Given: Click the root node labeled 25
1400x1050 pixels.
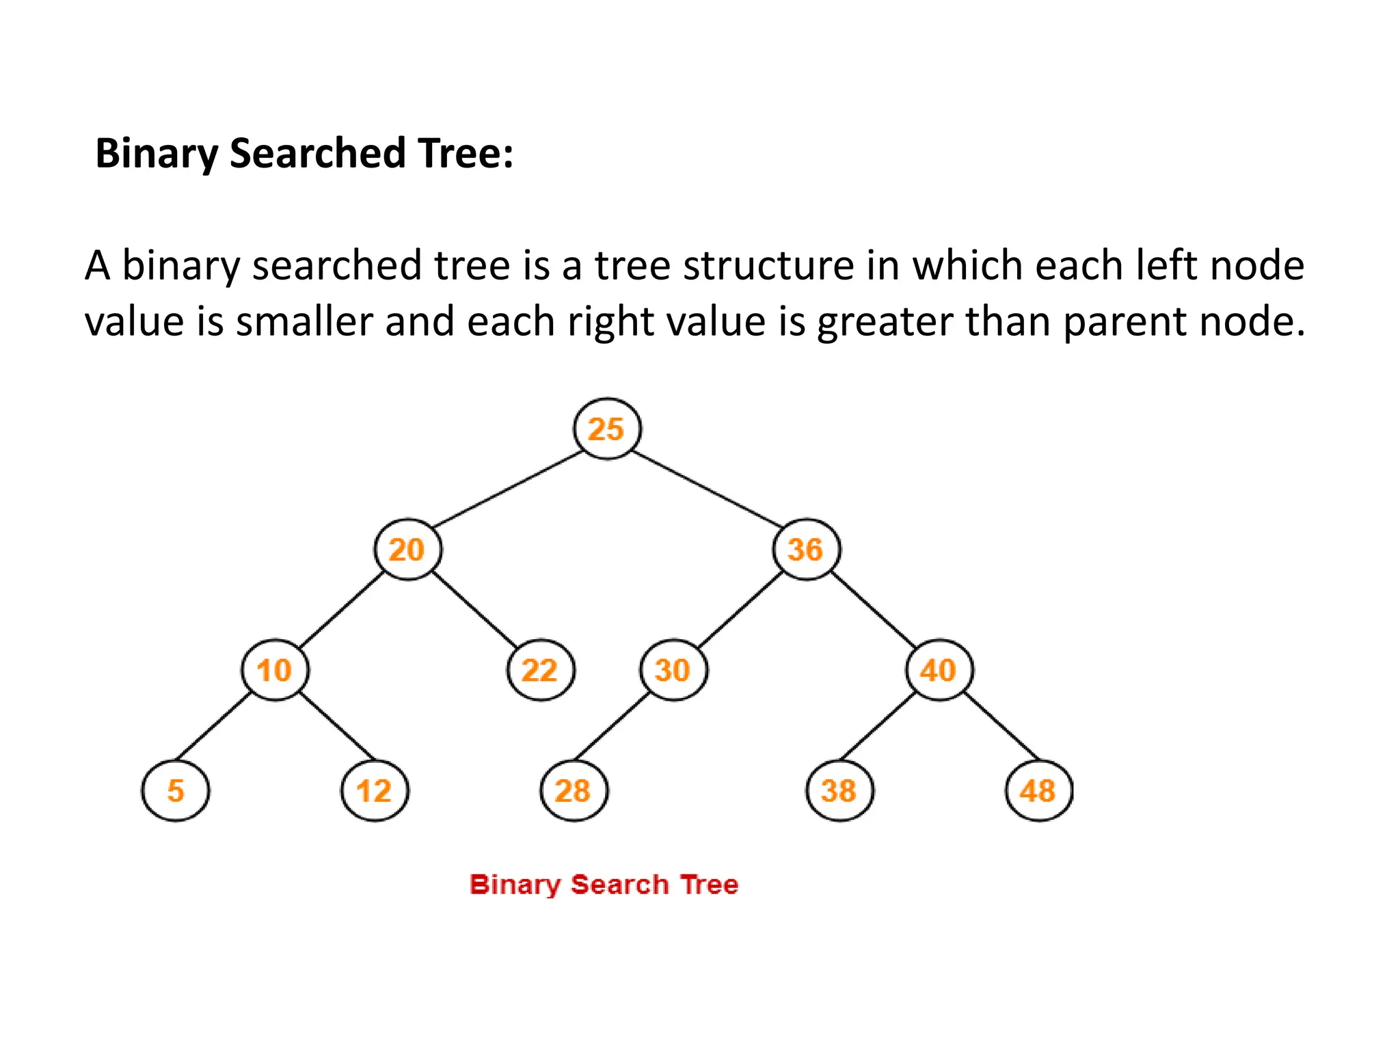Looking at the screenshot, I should pos(607,429).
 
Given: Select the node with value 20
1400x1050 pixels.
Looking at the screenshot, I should pos(408,550).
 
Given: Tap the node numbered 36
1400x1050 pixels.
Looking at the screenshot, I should pos(807,550).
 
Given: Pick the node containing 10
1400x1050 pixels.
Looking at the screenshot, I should pos(275,670).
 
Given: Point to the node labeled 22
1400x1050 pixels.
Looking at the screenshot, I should pos(541,670).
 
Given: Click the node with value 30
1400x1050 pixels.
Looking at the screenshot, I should pos(673,670).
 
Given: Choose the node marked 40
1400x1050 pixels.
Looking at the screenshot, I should pos(939,670).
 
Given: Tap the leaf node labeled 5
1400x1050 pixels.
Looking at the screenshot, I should pos(176,791).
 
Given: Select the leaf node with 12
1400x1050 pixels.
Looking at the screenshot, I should pos(375,791).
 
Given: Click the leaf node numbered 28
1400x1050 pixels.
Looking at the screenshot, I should pos(574,791).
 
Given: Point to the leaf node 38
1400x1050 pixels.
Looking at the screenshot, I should pos(839,791).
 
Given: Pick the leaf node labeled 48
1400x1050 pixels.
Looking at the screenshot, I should pos(1039,791).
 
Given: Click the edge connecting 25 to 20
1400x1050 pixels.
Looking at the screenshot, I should pos(507,489).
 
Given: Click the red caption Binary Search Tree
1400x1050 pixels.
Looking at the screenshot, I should pos(604,885).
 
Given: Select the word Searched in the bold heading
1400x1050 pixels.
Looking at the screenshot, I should pos(318,153).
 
